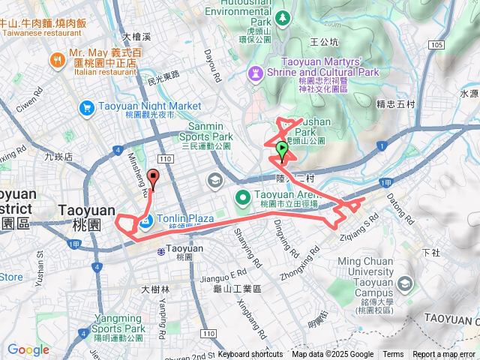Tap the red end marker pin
154,178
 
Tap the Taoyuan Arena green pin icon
243,199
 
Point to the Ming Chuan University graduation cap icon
405,283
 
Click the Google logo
28,349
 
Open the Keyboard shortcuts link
250,355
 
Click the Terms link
393,355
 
